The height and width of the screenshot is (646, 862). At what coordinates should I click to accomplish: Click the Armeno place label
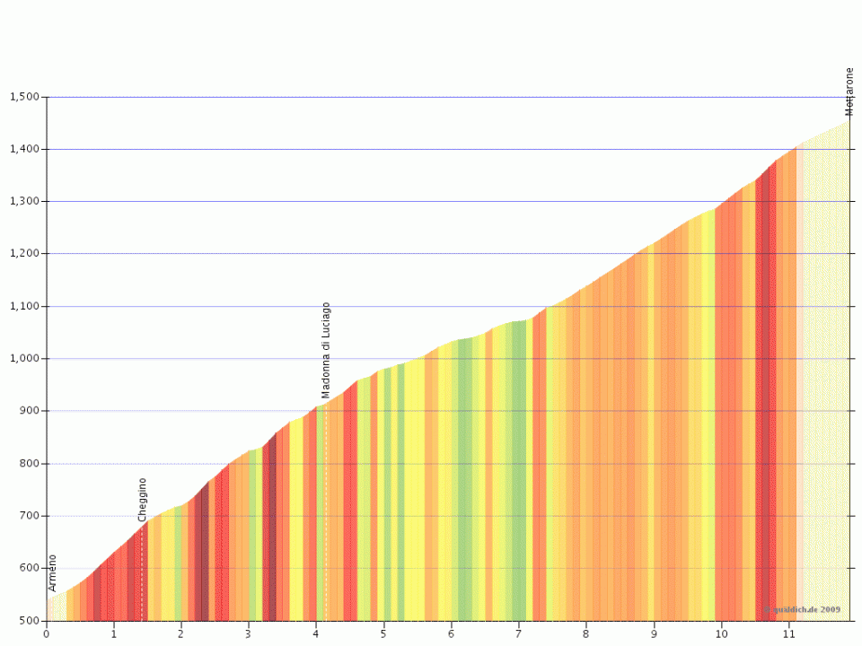[x=53, y=572]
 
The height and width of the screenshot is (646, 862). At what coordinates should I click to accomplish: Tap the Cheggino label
[x=143, y=500]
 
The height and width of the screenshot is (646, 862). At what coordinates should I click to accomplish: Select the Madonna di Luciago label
[x=326, y=350]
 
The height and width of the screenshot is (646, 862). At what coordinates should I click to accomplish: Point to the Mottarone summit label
[x=849, y=92]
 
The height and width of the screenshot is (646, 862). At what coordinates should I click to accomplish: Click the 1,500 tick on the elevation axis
[x=23, y=97]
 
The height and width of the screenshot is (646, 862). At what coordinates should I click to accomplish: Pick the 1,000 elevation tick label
[x=23, y=359]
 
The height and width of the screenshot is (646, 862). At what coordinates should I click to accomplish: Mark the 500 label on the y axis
[x=30, y=621]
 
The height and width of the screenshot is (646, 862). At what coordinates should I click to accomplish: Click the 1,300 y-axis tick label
[x=23, y=202]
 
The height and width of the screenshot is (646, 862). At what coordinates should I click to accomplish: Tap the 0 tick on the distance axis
[x=47, y=633]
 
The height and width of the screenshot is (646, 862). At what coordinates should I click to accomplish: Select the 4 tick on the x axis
[x=316, y=633]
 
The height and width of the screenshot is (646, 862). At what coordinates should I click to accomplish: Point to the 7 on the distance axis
[x=519, y=633]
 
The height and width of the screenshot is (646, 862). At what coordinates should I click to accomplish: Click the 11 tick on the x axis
[x=788, y=633]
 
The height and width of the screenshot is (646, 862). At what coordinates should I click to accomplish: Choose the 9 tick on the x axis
[x=654, y=633]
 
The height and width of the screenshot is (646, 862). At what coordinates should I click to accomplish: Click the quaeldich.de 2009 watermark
[x=804, y=609]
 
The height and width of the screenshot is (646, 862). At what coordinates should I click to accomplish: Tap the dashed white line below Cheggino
[x=142, y=574]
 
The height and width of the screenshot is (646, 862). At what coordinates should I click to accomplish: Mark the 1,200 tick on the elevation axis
[x=23, y=254]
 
